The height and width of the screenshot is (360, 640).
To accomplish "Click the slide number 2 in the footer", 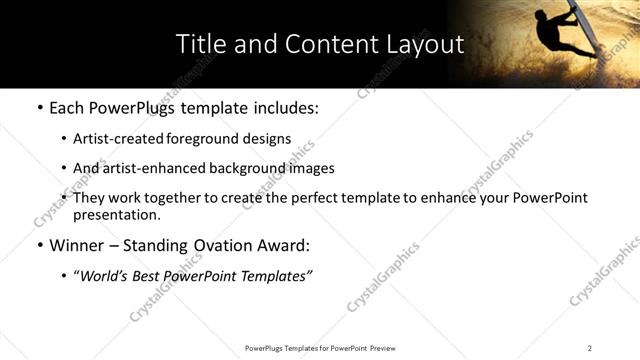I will pos(590,348).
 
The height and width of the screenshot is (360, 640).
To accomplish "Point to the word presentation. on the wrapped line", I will pos(117,215).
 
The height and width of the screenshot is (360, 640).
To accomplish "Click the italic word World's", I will pos(104,276).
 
